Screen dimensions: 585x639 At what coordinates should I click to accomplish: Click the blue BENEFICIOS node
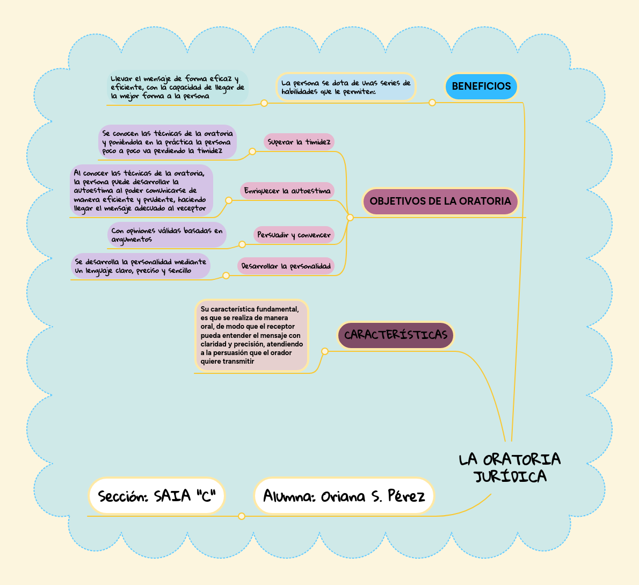[481, 86]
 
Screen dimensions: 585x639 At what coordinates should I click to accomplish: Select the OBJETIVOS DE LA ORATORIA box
[440, 201]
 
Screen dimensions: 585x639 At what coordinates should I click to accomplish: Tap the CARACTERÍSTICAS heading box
[396, 335]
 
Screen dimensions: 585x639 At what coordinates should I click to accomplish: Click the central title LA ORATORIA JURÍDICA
[510, 467]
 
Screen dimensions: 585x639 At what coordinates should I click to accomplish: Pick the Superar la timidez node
[299, 142]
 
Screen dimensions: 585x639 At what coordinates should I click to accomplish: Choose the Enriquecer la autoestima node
[287, 191]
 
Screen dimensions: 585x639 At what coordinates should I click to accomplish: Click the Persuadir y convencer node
[294, 235]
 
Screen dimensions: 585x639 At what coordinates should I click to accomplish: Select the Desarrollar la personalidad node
[286, 266]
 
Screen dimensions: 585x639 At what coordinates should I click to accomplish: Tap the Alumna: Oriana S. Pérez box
[344, 496]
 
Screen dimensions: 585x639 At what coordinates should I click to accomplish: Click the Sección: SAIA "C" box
[156, 496]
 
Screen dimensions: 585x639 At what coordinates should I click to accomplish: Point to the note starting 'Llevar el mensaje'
[177, 88]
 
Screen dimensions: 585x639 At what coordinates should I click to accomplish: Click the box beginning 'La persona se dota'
[346, 87]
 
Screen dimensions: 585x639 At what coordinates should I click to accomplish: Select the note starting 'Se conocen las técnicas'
[168, 142]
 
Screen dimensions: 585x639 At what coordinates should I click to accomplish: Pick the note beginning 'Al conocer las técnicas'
[141, 191]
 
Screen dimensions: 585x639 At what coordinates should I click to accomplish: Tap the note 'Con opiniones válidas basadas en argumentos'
[167, 235]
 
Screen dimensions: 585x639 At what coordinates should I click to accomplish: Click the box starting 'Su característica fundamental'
[252, 335]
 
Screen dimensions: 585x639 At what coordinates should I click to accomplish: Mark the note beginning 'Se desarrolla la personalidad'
[141, 266]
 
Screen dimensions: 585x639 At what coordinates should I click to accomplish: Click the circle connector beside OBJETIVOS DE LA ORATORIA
[350, 218]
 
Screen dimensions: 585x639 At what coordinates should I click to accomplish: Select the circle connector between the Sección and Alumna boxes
[242, 516]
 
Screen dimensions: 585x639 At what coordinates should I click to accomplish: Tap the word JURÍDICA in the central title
[510, 476]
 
